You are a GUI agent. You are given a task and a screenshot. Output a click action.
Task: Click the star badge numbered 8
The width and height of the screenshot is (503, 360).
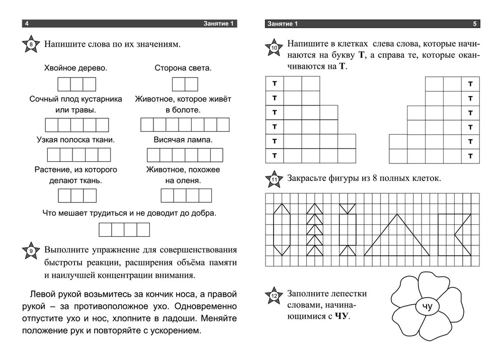[x=31, y=45]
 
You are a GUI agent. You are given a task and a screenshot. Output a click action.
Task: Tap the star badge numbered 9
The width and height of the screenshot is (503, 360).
[x=31, y=250]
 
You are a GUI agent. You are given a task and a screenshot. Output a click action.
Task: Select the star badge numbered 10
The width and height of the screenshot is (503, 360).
[x=274, y=48]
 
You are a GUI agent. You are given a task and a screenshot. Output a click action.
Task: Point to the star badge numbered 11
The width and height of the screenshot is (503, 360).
[x=274, y=179]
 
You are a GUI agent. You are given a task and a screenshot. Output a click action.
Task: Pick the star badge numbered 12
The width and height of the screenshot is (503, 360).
[x=274, y=296]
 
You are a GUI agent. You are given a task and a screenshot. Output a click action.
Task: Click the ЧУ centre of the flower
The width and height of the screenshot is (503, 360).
[x=427, y=306]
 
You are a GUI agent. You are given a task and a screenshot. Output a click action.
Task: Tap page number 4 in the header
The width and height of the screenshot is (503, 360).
[x=27, y=24]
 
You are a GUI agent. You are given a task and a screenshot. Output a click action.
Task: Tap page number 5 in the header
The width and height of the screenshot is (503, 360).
[x=475, y=24]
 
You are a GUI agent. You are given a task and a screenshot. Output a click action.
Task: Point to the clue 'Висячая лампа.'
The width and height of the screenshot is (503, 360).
[x=183, y=139]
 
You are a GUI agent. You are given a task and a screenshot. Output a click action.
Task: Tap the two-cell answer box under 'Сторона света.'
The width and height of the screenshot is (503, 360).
[x=185, y=84]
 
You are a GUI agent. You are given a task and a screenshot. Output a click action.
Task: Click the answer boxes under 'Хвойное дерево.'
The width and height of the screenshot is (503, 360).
[x=76, y=84]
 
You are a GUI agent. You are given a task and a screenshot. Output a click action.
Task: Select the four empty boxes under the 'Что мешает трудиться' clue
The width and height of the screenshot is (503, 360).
[x=124, y=229]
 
